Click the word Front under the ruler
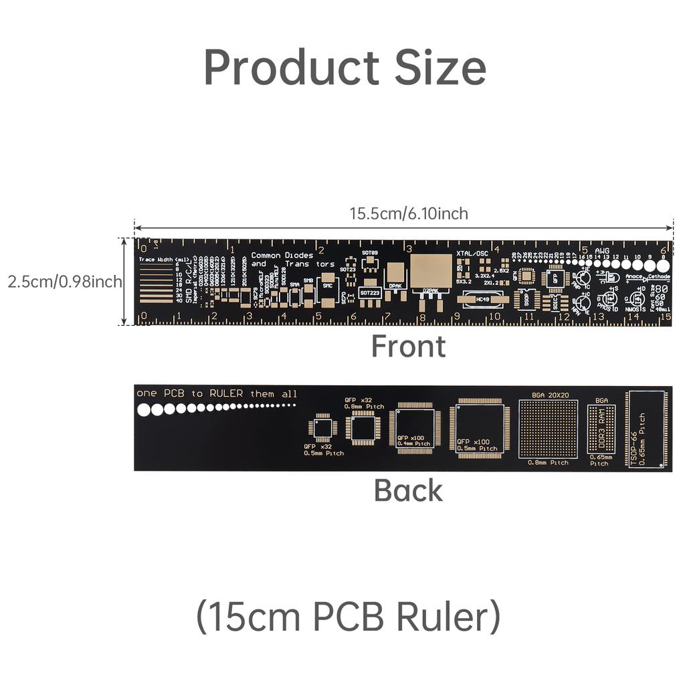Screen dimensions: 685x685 click(x=408, y=347)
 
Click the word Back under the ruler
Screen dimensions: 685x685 click(x=408, y=490)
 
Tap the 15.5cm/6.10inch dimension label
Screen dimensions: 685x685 click(x=409, y=213)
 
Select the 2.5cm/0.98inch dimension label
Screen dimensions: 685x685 click(x=65, y=282)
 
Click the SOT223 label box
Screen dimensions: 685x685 click(x=370, y=292)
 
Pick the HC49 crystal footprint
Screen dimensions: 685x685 click(x=482, y=299)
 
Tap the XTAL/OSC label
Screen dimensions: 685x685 click(x=472, y=254)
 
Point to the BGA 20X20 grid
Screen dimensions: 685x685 click(x=548, y=429)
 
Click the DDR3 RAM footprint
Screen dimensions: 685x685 click(x=600, y=429)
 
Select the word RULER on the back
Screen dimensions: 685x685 click(x=226, y=393)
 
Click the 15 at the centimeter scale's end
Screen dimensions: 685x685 click(x=665, y=317)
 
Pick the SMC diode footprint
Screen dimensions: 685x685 click(x=327, y=286)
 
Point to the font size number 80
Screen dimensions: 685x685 click(x=660, y=288)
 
